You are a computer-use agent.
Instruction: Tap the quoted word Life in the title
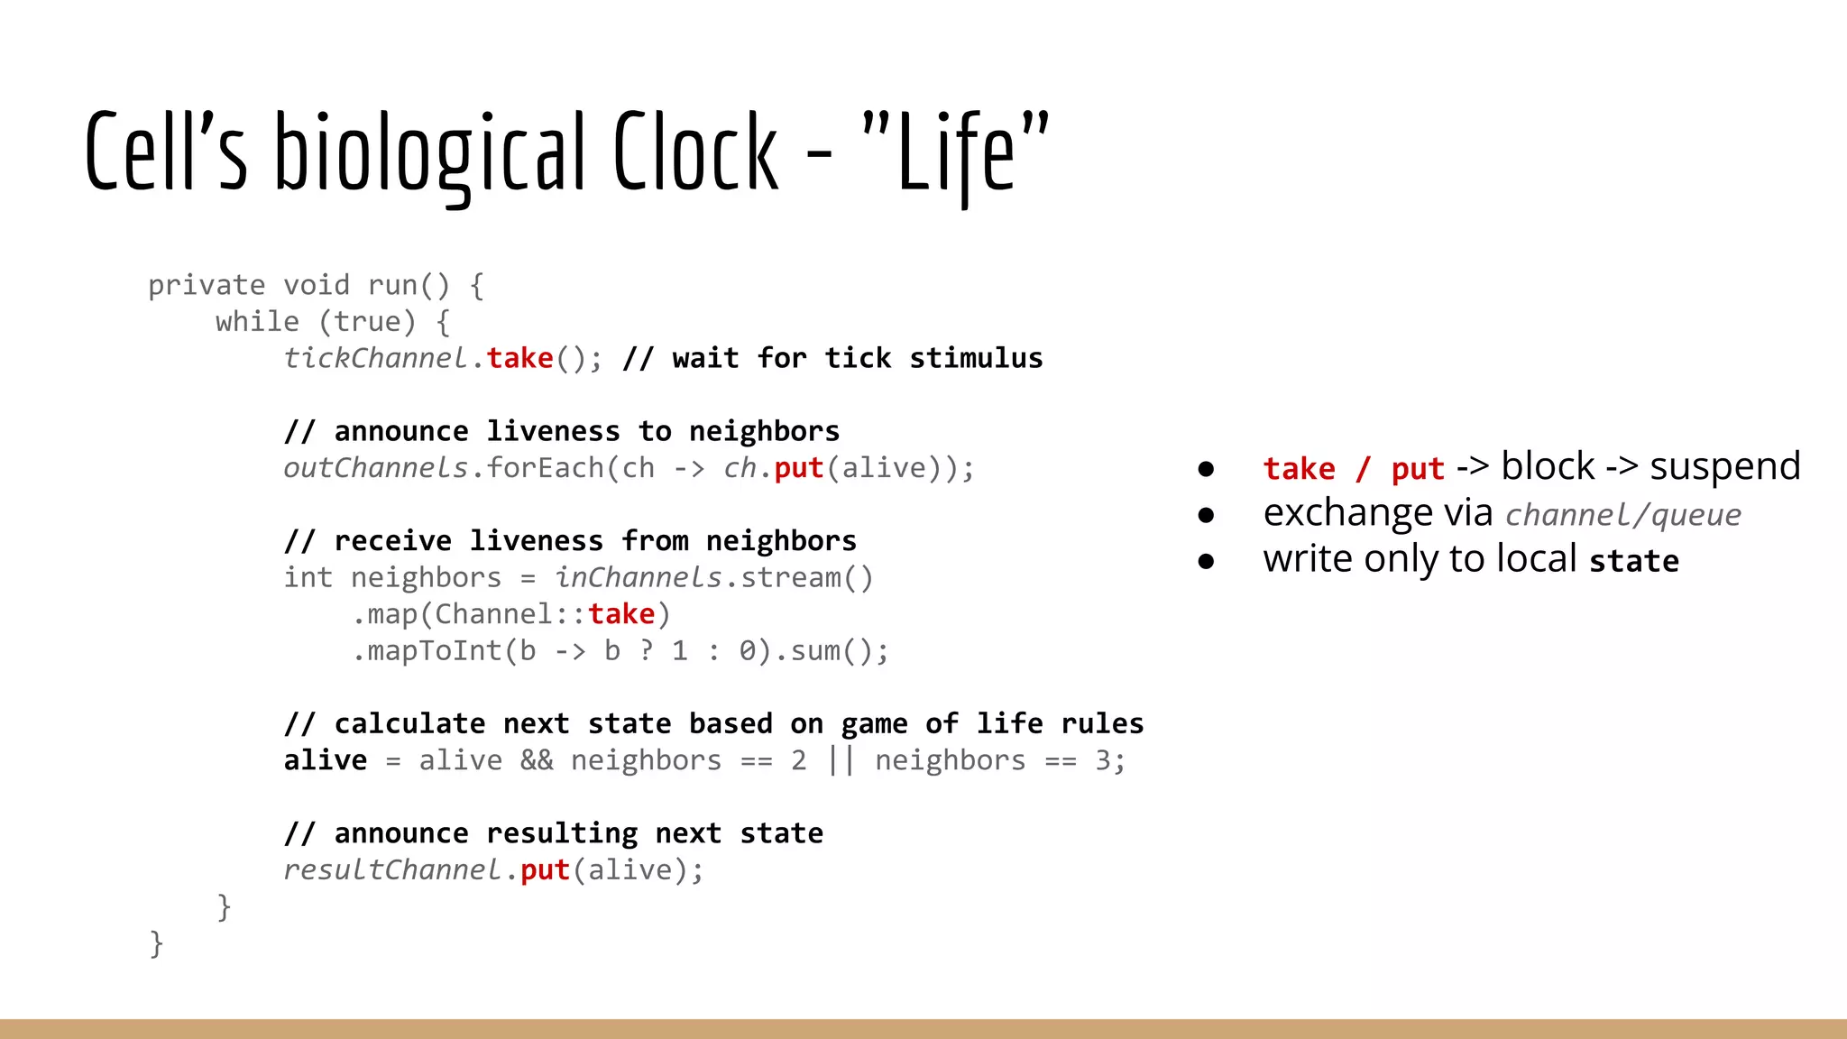tap(956, 153)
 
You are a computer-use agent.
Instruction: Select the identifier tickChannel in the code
tap(375, 358)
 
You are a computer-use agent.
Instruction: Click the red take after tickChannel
tap(520, 358)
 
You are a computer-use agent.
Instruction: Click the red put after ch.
tap(798, 468)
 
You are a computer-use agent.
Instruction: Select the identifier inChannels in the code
tap(639, 577)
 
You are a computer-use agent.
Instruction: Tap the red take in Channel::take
tap(621, 614)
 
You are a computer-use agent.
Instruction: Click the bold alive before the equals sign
tap(326, 760)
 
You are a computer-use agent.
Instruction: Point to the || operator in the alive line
tap(841, 760)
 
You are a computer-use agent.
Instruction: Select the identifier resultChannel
tap(391, 870)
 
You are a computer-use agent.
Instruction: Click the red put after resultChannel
tap(545, 870)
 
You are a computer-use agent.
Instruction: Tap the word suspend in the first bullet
tap(1724, 467)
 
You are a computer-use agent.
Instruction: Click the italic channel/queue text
tap(1622, 515)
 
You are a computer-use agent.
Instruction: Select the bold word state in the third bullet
tap(1633, 561)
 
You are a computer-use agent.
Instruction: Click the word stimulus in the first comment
tap(976, 358)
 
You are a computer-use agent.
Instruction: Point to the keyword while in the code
tap(257, 322)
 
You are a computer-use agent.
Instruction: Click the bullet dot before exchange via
tap(1206, 515)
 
